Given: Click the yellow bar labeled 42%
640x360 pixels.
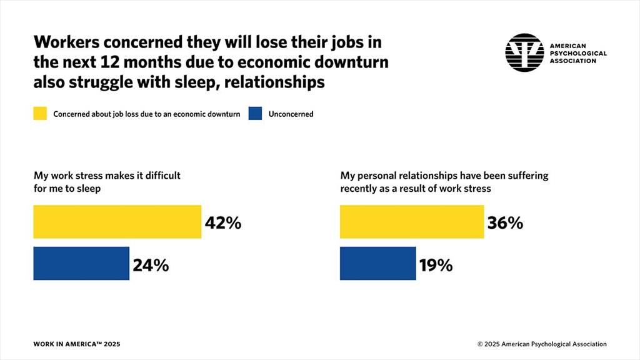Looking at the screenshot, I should click(117, 222).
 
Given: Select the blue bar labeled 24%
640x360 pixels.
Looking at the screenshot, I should click(81, 263).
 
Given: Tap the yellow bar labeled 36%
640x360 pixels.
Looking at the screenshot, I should click(411, 222).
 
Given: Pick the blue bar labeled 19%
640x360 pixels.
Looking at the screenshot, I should click(377, 263).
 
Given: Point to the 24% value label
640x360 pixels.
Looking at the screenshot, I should click(151, 264).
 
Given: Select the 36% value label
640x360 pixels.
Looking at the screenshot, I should click(505, 223).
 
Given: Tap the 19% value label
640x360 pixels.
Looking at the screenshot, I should click(436, 264).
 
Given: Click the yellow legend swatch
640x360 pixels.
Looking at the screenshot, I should click(41, 114).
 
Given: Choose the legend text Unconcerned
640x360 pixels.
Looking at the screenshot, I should click(291, 114).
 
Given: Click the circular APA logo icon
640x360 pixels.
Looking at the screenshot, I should click(524, 52).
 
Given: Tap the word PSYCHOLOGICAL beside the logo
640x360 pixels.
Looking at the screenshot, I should click(577, 53).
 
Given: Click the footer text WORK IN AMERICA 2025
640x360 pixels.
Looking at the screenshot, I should click(77, 344).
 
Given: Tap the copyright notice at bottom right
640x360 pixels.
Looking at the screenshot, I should click(541, 344).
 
